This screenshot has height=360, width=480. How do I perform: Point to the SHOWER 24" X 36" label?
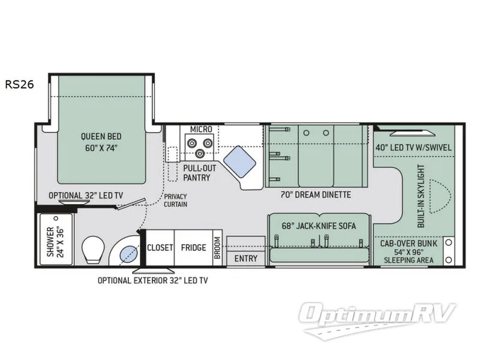(55, 241)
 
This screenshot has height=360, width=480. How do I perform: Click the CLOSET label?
(160, 247)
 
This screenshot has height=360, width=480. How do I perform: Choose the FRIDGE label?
(193, 247)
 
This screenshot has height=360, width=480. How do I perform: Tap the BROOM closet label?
(217, 247)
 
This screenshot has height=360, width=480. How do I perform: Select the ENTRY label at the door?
(246, 259)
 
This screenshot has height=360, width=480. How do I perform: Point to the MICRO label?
(202, 129)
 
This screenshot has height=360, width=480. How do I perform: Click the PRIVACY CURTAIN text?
(175, 200)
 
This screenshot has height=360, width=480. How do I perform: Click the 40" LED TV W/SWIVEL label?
(413, 147)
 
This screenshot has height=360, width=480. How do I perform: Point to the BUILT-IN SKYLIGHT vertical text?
(421, 196)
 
